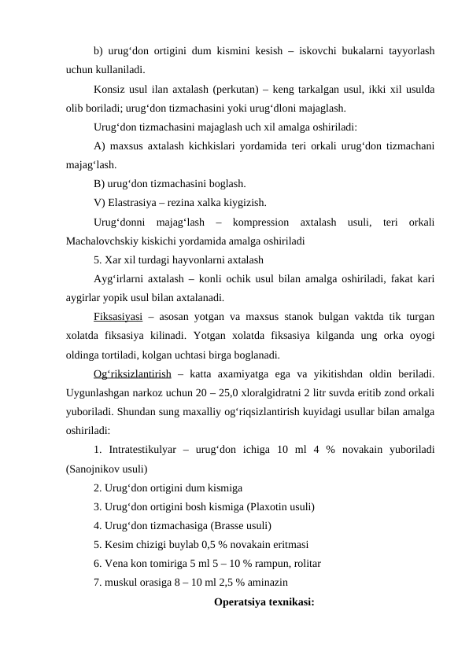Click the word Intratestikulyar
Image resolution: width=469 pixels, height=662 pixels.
[x=150, y=450]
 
